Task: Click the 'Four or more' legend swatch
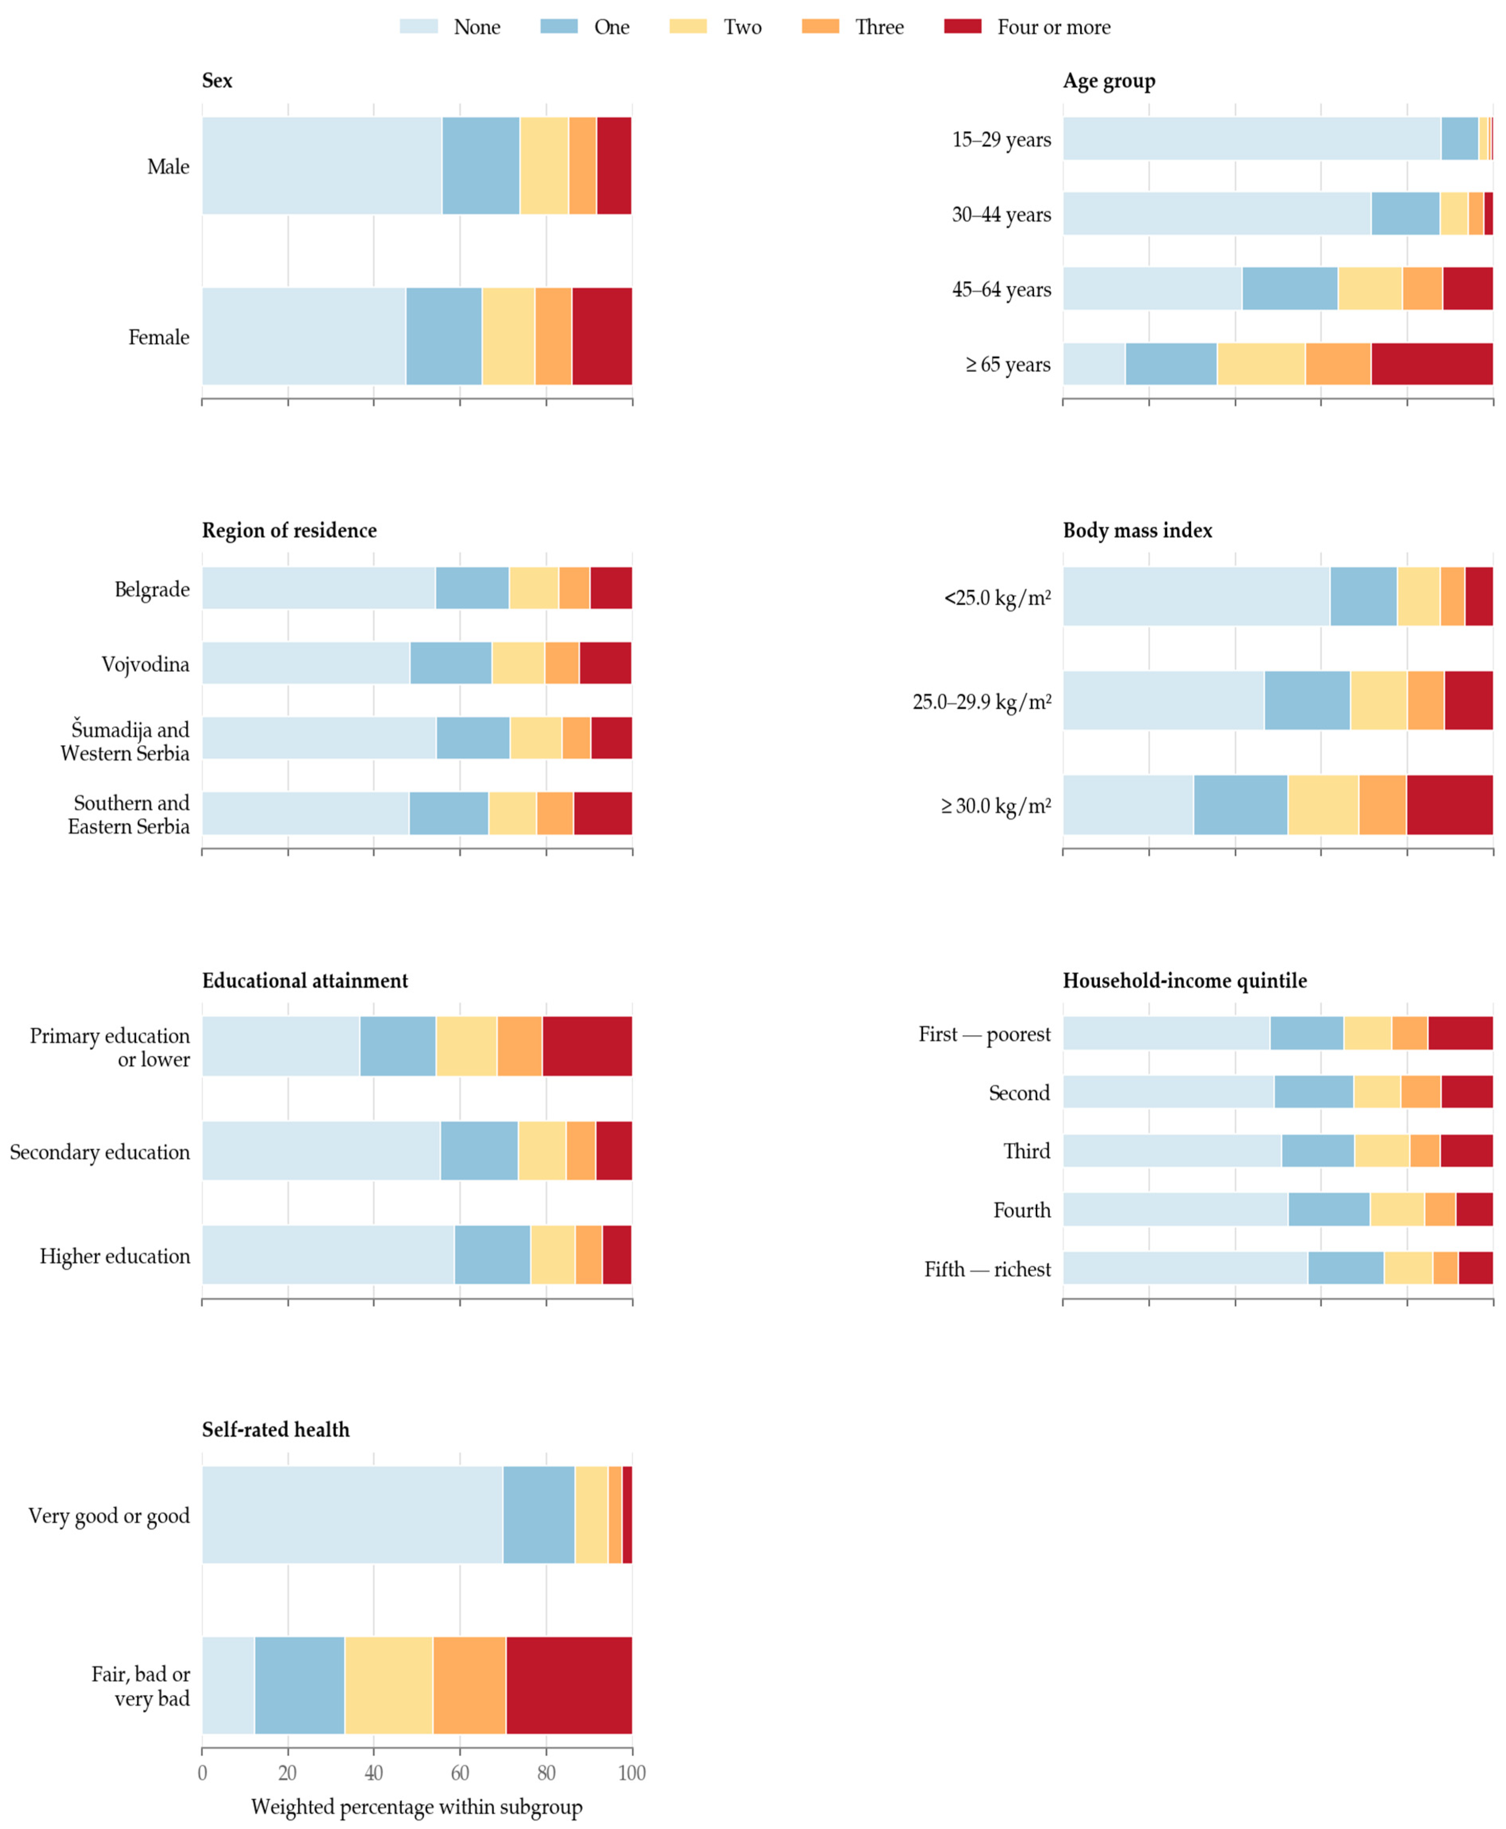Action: [963, 26]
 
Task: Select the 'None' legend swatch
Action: [418, 26]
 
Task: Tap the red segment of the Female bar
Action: [602, 336]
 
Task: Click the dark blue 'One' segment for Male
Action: [481, 165]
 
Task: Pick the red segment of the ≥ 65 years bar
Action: [1432, 364]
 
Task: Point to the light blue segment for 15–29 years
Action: [1252, 138]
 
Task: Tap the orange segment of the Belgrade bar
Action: [574, 587]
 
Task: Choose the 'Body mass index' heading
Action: [1137, 530]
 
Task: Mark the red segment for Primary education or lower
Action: [587, 1045]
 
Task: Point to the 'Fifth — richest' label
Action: [987, 1269]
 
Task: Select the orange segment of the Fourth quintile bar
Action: [1440, 1209]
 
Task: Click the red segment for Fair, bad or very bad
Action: [569, 1685]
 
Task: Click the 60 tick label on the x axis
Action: [460, 1773]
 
